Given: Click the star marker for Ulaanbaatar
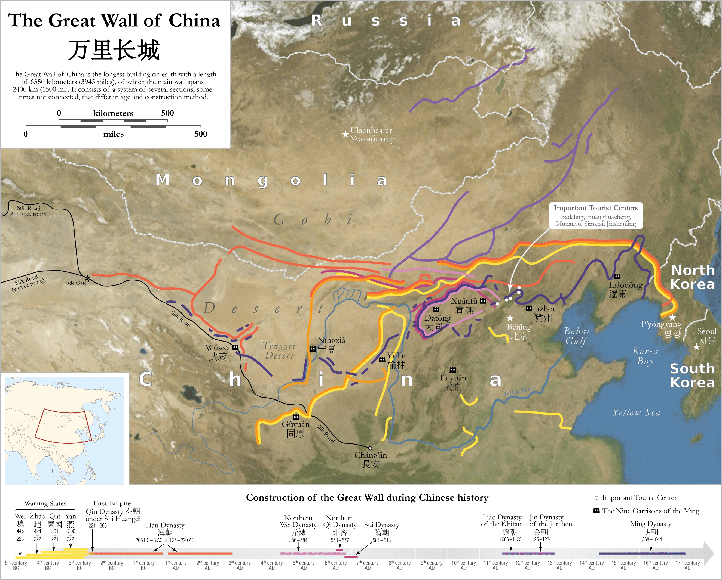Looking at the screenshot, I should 345,134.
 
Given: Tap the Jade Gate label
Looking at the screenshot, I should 76,283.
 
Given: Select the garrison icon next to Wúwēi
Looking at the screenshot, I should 235,348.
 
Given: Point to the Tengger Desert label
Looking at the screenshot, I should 280,350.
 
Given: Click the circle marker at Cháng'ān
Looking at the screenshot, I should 370,448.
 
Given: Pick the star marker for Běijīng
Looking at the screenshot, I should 510,318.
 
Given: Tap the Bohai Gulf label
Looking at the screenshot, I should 576,336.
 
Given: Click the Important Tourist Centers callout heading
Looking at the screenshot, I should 595,208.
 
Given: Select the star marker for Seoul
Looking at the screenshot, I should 697,347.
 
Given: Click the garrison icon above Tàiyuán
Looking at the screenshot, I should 452,370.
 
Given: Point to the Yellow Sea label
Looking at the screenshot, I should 636,412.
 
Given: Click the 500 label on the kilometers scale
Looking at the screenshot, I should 167,113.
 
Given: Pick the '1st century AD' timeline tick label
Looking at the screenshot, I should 176,565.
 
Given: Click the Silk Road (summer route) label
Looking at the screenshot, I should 29,211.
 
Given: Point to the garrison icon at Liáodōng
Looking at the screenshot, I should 617,276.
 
